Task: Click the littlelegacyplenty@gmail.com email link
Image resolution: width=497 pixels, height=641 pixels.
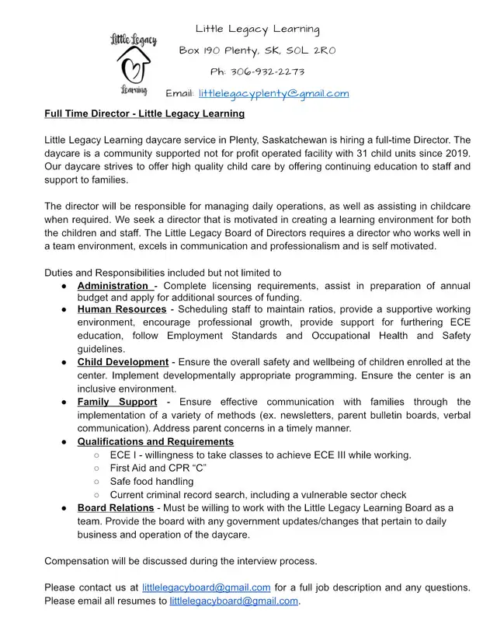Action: pyautogui.click(x=273, y=93)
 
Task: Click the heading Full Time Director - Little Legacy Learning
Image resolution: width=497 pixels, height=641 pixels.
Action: pyautogui.click(x=144, y=113)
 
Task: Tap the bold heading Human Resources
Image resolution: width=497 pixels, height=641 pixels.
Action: pyautogui.click(x=122, y=310)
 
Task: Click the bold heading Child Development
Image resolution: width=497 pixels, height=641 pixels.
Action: pyautogui.click(x=123, y=362)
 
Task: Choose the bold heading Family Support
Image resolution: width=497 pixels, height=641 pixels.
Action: pyautogui.click(x=117, y=402)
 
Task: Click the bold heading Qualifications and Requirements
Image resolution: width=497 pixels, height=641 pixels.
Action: pyautogui.click(x=155, y=441)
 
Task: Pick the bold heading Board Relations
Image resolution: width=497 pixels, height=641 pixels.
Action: pyautogui.click(x=116, y=507)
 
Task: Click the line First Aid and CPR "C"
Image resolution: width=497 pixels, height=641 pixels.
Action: pyautogui.click(x=158, y=468)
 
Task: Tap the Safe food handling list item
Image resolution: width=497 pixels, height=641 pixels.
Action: pyautogui.click(x=151, y=481)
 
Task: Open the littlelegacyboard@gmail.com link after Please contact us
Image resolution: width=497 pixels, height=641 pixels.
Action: pyautogui.click(x=207, y=587)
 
